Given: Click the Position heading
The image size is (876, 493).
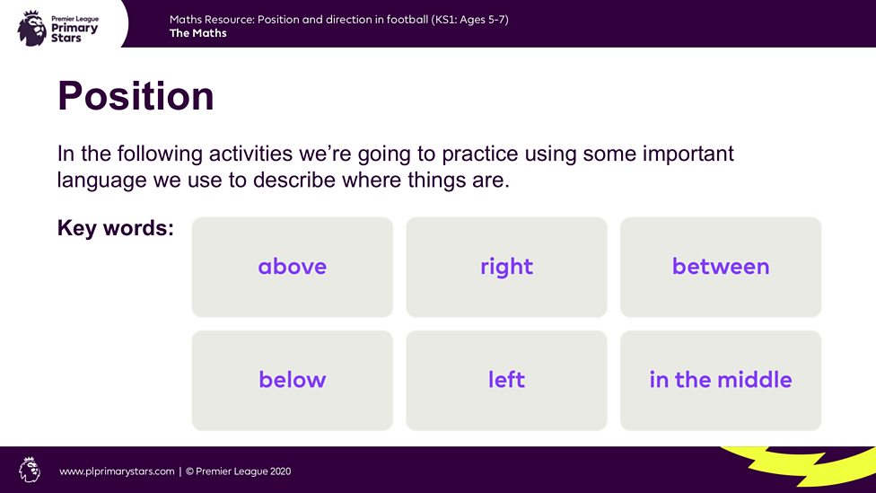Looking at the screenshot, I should (x=136, y=96).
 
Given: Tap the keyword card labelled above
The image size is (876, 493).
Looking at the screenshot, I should (x=292, y=267).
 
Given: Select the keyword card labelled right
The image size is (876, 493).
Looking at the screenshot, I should (x=506, y=267).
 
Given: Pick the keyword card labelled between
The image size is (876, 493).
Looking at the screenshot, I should (x=720, y=267).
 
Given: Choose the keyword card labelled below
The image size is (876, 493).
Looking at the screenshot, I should (x=292, y=380).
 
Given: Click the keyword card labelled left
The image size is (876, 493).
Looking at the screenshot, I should (x=506, y=380).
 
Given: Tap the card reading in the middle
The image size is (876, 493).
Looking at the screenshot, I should (x=720, y=380).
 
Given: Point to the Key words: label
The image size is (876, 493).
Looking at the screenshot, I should (x=115, y=228).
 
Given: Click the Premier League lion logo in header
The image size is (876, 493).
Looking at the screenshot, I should (x=31, y=27).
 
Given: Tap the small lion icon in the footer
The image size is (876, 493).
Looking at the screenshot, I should (x=30, y=470).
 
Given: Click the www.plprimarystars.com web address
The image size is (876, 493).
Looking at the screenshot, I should (x=117, y=471).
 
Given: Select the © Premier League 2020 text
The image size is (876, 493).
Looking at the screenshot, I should (x=238, y=471).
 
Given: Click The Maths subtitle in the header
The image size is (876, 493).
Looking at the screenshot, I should (x=197, y=34).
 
